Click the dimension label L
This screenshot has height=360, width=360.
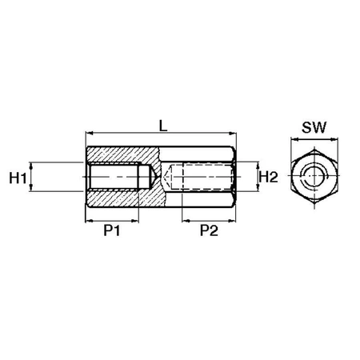click(163, 126)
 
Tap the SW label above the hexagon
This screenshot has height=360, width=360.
click(314, 127)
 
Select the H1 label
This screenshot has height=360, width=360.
click(18, 178)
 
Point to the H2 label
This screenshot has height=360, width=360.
click(269, 177)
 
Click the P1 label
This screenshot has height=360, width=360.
click(112, 230)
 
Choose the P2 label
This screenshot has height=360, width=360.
click(209, 230)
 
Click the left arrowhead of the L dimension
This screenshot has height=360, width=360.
click(89, 133)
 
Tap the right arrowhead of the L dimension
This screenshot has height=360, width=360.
click(233, 133)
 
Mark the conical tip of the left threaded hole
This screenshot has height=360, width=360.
click(156, 177)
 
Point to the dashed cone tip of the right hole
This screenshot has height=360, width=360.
click(165, 177)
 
